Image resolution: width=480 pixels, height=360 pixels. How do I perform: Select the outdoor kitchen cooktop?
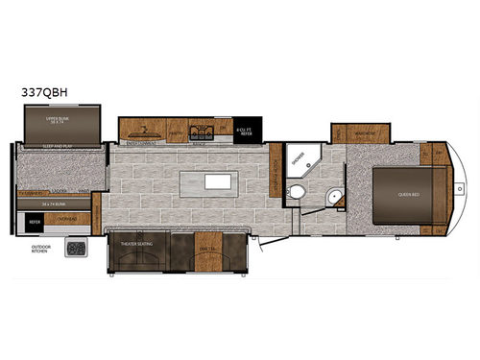(x=75, y=249)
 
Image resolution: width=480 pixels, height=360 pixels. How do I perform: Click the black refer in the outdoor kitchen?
(x=35, y=219)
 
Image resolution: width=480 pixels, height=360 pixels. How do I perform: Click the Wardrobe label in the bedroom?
(x=360, y=133)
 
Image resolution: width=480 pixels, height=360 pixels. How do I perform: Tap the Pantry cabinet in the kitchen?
(x=177, y=131)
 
